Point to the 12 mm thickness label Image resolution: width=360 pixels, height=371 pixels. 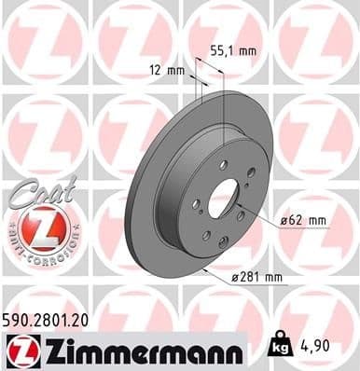pyautogui.click(x=163, y=68)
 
